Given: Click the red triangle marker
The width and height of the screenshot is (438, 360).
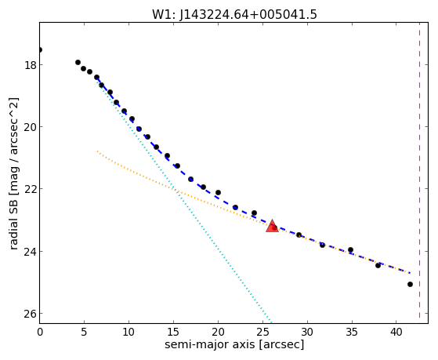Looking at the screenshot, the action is coord(272,227).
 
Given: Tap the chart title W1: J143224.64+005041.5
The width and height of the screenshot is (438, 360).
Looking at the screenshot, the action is coord(234,14).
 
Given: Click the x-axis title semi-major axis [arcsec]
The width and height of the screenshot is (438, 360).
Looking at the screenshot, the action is coord(234,344).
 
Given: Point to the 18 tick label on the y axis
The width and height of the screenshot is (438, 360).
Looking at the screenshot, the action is coord(31,65).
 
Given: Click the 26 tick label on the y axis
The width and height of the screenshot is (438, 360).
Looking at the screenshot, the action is coord(31,314).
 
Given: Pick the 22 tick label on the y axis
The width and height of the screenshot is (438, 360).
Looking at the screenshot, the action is coord(31,189).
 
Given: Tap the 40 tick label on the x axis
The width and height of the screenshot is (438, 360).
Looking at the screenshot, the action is coord(396,332).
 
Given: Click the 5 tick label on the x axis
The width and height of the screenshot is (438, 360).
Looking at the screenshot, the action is coord(84,332).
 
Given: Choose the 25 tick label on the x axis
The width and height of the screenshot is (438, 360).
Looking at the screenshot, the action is coord(262,332).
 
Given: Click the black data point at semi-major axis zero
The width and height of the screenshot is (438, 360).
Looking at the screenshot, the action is coord(40,49).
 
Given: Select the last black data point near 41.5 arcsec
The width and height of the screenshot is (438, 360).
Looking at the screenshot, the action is coord(410,284).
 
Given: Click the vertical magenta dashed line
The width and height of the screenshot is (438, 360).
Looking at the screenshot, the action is coord(419,170).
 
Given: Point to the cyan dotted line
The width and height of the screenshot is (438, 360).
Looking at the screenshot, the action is coord(184,201).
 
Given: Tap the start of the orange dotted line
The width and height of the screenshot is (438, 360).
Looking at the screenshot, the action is coord(97,151).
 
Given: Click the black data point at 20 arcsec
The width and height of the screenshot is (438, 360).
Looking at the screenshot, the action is coord(218,192).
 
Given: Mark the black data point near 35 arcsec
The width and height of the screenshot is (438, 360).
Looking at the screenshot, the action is coord(350,249).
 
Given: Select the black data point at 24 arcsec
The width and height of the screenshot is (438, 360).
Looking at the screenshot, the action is coord(254,213).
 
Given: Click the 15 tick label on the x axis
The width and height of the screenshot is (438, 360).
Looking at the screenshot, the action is coord(173,332).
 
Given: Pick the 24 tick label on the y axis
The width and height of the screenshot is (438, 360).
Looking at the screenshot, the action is coord(31,252).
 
